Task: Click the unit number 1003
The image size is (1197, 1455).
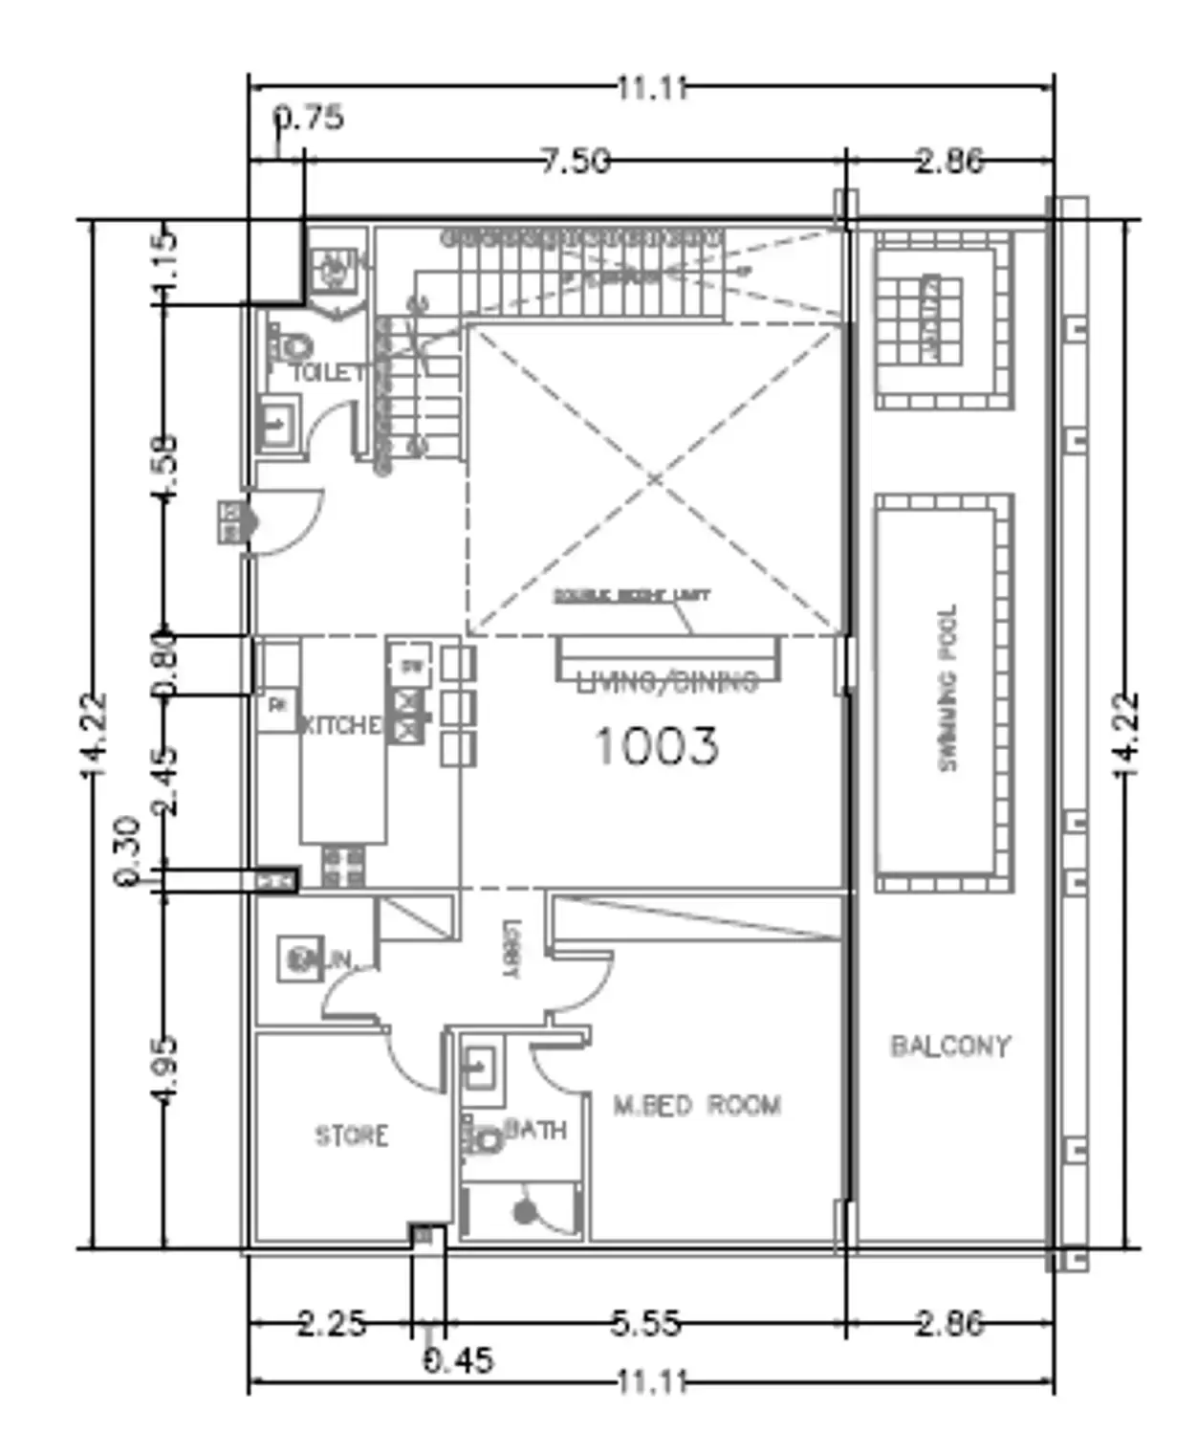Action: coord(656,746)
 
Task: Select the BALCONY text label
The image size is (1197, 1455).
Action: coord(950,1046)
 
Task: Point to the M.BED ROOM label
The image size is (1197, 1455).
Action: coord(697,1106)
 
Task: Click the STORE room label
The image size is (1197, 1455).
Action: coord(352,1135)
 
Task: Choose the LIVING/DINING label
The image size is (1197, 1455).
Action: coord(667,682)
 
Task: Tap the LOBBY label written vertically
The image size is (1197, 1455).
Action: coord(511,949)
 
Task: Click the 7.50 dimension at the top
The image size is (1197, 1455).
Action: coord(575,161)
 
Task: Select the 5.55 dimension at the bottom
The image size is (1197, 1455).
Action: coord(646,1324)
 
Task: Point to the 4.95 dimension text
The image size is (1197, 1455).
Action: coord(164,1069)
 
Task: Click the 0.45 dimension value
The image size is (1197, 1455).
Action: coord(459,1359)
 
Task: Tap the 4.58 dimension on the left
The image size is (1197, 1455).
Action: coord(164,467)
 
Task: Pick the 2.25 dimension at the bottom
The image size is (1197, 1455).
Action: coord(331,1324)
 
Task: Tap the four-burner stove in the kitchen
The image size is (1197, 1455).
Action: coord(342,866)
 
